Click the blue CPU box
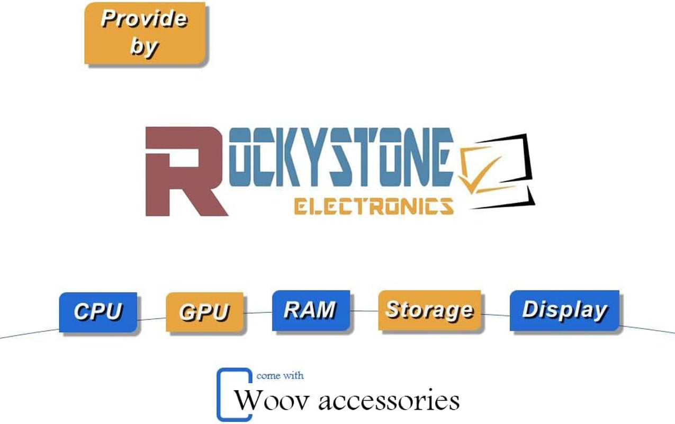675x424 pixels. (x=98, y=312)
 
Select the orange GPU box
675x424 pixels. (x=205, y=312)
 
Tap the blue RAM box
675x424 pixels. (x=311, y=310)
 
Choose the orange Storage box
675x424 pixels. (x=429, y=310)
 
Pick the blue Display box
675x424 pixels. (x=564, y=310)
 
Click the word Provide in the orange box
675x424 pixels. (x=144, y=20)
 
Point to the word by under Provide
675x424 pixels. (x=143, y=46)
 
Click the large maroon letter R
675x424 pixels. (x=183, y=172)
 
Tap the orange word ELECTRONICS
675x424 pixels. (x=374, y=206)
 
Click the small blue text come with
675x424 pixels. (x=280, y=376)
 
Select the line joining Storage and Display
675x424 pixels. (x=496, y=315)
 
